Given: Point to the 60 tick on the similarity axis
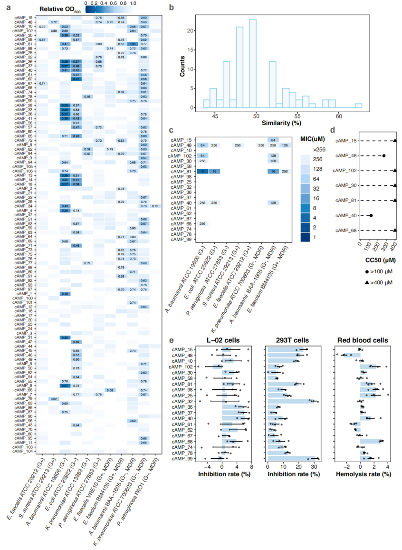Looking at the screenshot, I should (x=339, y=115).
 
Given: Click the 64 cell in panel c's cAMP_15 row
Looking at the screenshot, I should (x=273, y=140).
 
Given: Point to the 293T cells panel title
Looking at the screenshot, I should (x=292, y=340).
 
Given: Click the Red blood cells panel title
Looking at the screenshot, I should (x=363, y=340).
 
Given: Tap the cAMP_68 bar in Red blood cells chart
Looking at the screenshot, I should (x=370, y=441).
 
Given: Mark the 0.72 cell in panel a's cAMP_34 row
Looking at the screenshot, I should (x=155, y=206).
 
